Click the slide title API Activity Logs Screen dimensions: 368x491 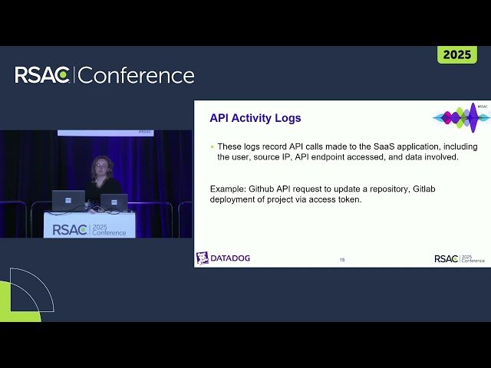coord(255,118)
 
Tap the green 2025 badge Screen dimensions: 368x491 coord(457,55)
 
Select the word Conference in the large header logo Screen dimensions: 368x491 coord(137,75)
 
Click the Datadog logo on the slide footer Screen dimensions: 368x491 coord(223,258)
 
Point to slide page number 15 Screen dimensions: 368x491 coord(342,260)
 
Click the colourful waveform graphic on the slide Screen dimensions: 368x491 coord(461,117)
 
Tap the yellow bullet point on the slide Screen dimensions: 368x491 coord(212,146)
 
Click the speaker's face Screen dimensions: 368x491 coord(101,168)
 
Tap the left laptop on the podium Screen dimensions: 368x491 coord(68,200)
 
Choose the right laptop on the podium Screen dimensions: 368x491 coord(114,202)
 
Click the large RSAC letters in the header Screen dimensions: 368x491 coord(43,75)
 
